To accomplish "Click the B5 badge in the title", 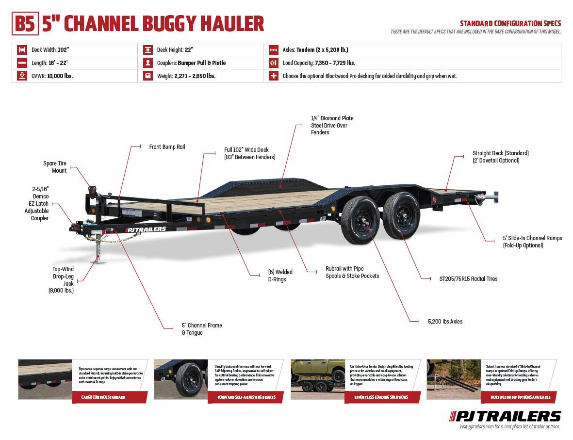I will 25,23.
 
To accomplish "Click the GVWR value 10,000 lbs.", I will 60,76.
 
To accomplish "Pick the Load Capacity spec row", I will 319,63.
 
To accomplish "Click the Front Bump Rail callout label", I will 167,147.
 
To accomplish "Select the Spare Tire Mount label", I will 54,167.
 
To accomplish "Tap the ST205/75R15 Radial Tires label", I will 468,279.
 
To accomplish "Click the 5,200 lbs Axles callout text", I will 445,322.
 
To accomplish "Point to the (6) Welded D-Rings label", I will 280,276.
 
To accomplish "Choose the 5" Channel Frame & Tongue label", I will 202,329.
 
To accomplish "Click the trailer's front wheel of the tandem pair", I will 360,220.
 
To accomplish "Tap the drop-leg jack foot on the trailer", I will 98,261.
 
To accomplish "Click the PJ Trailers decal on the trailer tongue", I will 146,229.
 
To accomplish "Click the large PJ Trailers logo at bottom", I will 505,416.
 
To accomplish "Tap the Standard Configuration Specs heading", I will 510,23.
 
